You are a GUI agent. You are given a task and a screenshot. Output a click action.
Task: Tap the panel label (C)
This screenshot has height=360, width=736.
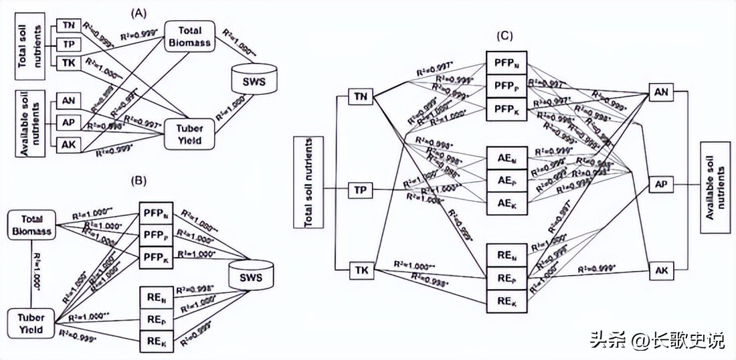(507, 35)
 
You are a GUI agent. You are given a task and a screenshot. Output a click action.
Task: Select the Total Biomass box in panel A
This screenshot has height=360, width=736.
(189, 36)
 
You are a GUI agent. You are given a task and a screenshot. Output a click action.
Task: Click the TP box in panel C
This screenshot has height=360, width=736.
(359, 190)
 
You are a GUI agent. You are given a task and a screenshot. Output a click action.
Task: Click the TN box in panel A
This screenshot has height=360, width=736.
(68, 25)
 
